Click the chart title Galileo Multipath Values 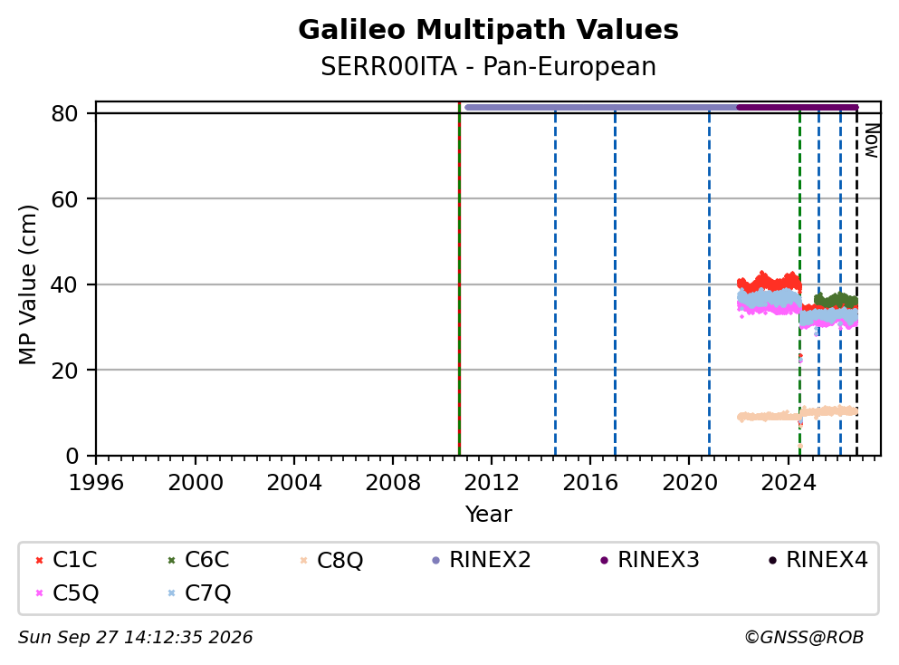click(488, 30)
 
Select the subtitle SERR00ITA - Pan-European click(488, 66)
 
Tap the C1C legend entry click(66, 559)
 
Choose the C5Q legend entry click(66, 593)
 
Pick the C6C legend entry click(198, 559)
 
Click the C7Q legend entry click(198, 593)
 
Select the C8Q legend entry click(331, 559)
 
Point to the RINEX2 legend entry click(482, 559)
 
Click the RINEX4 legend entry click(818, 559)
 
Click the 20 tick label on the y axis click(64, 370)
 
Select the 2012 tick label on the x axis click(492, 483)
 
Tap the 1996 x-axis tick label click(96, 483)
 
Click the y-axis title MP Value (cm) click(27, 284)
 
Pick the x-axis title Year click(488, 514)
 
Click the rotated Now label click(872, 140)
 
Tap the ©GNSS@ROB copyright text click(804, 637)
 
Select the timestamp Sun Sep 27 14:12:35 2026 click(135, 638)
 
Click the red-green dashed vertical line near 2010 click(459, 279)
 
